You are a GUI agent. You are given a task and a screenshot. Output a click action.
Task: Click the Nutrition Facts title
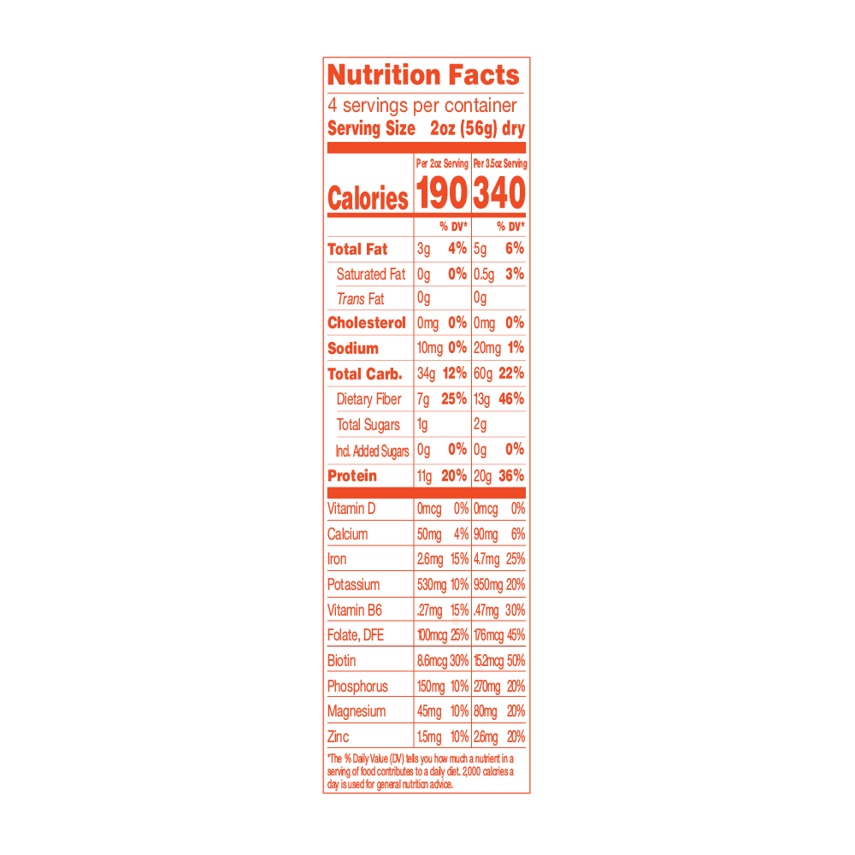(423, 75)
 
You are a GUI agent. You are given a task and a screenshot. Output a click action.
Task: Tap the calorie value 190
(442, 193)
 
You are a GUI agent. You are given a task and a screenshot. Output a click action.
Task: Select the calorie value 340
(499, 193)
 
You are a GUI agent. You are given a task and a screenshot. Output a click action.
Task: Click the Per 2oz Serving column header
(442, 163)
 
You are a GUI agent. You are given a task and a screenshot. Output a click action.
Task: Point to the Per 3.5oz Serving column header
(500, 163)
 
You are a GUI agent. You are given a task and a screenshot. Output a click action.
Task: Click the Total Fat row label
(357, 249)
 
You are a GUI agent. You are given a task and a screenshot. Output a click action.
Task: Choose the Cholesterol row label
(367, 323)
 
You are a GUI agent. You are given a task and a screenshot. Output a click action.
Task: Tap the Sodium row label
(353, 349)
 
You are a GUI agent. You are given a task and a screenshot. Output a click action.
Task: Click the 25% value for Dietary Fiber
(454, 398)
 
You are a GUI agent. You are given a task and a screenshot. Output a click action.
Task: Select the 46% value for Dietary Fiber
(511, 398)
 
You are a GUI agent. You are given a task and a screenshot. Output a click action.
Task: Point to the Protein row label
(352, 476)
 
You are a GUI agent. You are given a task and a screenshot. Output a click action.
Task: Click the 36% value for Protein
(511, 475)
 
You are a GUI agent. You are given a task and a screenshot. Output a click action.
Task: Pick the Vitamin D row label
(351, 509)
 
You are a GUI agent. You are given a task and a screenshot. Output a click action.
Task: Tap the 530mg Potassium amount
(432, 585)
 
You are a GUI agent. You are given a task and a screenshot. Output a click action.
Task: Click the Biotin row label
(341, 661)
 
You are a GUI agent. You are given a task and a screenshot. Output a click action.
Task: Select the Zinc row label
(338, 737)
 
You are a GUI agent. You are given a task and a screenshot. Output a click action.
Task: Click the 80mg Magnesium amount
(486, 711)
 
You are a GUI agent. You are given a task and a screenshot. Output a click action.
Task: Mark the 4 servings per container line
(422, 105)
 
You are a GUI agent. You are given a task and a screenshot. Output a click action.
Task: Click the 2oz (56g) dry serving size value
(478, 129)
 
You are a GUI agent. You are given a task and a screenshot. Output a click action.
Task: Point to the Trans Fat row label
(361, 298)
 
